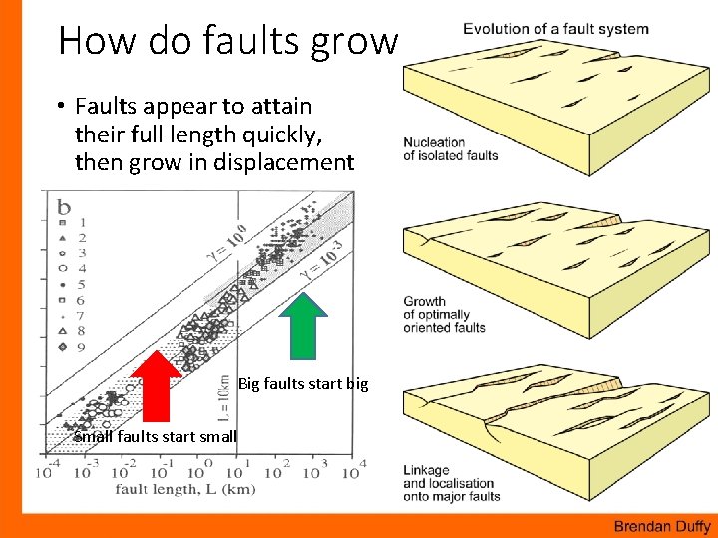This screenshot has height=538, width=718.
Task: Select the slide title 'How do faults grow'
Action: (227, 40)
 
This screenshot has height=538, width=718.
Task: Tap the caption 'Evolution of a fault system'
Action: (554, 29)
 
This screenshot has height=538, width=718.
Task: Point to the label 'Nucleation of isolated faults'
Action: (450, 148)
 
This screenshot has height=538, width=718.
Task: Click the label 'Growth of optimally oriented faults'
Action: (444, 314)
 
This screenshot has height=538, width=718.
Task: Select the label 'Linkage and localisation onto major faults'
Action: (451, 483)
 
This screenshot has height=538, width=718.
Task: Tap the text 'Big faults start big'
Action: (303, 383)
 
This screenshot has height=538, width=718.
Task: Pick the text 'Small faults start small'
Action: (156, 436)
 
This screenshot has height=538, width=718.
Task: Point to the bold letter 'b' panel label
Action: (65, 207)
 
